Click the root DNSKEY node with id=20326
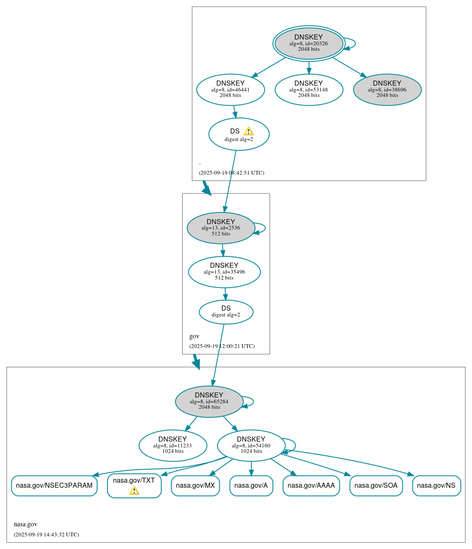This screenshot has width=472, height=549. [x=309, y=43]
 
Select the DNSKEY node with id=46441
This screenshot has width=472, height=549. [x=231, y=89]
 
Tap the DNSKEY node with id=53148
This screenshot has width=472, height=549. [x=309, y=89]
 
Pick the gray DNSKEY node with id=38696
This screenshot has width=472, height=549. [x=387, y=89]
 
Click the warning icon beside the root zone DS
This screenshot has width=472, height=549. [x=248, y=131]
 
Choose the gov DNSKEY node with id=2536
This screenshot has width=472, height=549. [x=221, y=228]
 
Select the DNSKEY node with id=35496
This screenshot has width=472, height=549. [x=224, y=272]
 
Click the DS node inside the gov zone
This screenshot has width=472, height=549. [x=226, y=312]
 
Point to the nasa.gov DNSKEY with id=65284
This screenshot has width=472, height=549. [x=209, y=401]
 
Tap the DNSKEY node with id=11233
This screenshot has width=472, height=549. [x=173, y=445]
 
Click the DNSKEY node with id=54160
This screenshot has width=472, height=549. [x=251, y=445]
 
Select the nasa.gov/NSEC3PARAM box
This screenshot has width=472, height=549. [x=54, y=486]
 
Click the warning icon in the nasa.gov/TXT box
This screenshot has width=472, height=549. [x=134, y=491]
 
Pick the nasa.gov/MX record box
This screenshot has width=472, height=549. [x=195, y=486]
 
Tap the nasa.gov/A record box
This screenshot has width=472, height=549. [x=251, y=486]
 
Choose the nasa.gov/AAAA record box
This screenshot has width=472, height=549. [x=311, y=486]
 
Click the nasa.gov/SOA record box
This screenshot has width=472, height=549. [x=376, y=486]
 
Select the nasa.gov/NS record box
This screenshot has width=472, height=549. [x=436, y=486]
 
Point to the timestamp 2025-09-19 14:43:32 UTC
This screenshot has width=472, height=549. [x=46, y=535]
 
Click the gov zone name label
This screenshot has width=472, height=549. [x=194, y=336]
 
